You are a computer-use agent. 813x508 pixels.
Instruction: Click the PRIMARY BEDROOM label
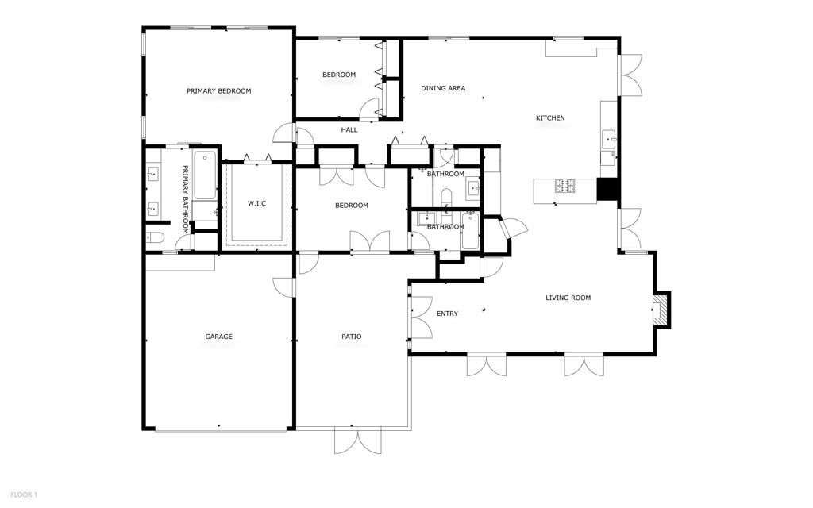218,91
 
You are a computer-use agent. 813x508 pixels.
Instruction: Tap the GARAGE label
219,337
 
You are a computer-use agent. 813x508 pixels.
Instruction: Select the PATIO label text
352,337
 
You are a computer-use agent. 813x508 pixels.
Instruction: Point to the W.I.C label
256,204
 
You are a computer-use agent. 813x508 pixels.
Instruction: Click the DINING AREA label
443,88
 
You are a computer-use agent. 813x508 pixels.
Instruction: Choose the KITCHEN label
550,118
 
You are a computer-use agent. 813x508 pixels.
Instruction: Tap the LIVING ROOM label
568,298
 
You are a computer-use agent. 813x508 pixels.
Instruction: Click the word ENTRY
447,314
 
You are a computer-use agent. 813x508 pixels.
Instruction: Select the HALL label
349,129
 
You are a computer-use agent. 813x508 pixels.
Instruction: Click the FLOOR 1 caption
24,495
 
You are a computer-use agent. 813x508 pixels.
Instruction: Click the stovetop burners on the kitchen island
566,187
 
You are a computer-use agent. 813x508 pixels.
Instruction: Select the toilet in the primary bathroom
155,237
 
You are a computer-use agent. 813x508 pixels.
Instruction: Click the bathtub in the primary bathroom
205,175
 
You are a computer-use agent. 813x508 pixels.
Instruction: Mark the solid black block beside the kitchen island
607,189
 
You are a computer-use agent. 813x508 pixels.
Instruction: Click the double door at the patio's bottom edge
357,440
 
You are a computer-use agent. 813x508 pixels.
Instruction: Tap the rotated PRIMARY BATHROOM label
185,198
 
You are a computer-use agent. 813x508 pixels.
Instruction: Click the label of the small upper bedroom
339,75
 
